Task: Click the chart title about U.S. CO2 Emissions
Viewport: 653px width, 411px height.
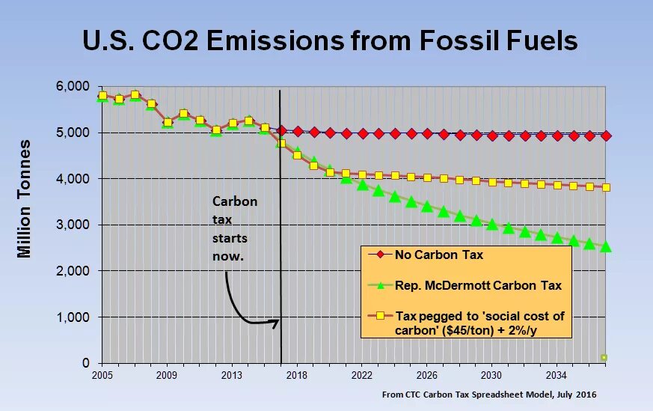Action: [330, 40]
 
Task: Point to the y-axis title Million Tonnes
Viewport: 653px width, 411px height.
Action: [25, 198]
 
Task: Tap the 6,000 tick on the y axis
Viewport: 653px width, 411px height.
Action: [73, 87]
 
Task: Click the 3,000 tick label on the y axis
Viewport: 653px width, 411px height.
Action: [73, 225]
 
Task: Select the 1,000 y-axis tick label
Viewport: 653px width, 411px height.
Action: [73, 317]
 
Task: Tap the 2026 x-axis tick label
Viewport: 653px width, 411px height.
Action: [426, 374]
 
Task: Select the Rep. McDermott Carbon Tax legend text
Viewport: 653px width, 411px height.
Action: [478, 285]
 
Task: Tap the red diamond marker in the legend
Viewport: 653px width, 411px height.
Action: [380, 255]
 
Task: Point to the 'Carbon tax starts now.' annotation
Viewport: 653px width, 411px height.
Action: [234, 228]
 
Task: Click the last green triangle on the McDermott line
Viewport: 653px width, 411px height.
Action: [606, 246]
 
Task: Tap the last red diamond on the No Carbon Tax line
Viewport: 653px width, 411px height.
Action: [606, 136]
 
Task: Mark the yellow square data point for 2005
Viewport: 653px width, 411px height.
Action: [102, 96]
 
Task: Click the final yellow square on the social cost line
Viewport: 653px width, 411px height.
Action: [606, 187]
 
